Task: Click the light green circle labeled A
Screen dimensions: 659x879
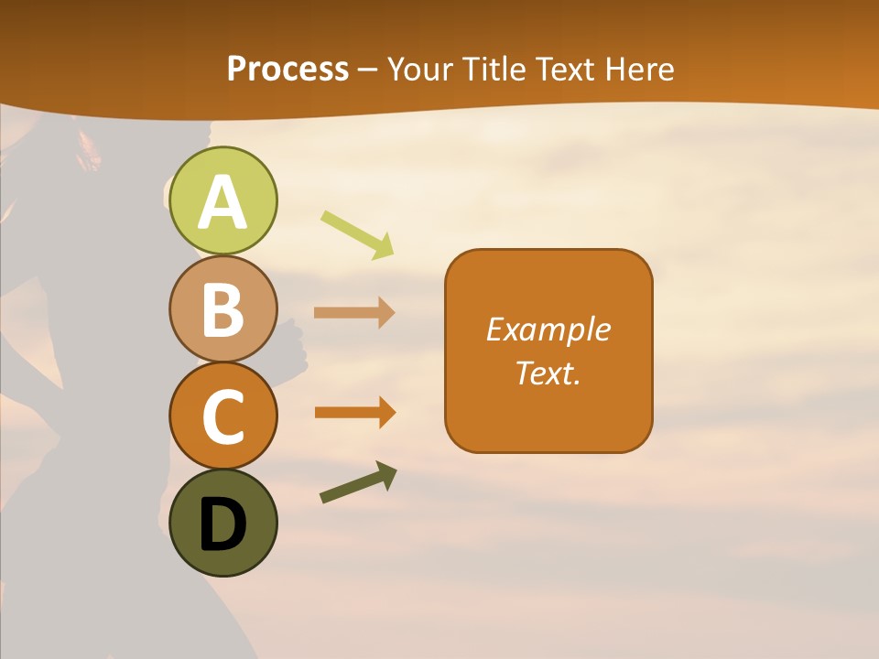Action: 223,200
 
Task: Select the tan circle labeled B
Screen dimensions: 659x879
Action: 223,308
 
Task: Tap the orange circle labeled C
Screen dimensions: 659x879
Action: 223,416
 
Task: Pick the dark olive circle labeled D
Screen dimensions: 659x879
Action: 223,523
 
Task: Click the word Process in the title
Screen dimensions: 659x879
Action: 288,69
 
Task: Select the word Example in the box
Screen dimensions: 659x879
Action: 548,329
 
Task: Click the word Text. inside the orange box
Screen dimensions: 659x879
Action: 548,373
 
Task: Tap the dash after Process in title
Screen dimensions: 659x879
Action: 368,70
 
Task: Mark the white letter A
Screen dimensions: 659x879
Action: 223,202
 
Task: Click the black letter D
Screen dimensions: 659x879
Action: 223,524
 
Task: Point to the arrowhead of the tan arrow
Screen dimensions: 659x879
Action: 387,313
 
